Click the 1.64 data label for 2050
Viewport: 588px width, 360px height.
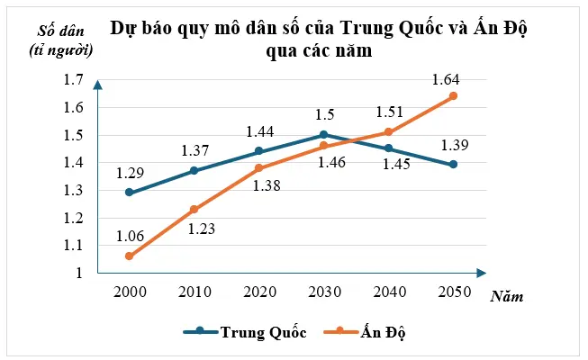click(x=446, y=78)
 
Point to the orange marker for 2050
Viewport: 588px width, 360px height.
click(x=453, y=95)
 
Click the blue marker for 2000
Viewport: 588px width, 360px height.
click(x=130, y=193)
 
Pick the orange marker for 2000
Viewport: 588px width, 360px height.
click(x=130, y=256)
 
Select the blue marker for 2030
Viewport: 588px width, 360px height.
click(x=323, y=134)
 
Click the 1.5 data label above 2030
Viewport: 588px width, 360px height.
click(x=326, y=115)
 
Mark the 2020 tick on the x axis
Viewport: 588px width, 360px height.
click(x=259, y=292)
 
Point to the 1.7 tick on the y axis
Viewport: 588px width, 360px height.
click(x=73, y=80)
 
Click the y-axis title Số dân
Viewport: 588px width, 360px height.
click(x=62, y=39)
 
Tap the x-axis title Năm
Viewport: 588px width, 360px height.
click(x=508, y=295)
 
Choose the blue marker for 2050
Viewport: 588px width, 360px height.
click(x=453, y=164)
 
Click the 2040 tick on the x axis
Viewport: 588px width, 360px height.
click(x=388, y=292)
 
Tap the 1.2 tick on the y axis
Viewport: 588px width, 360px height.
click(x=73, y=218)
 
